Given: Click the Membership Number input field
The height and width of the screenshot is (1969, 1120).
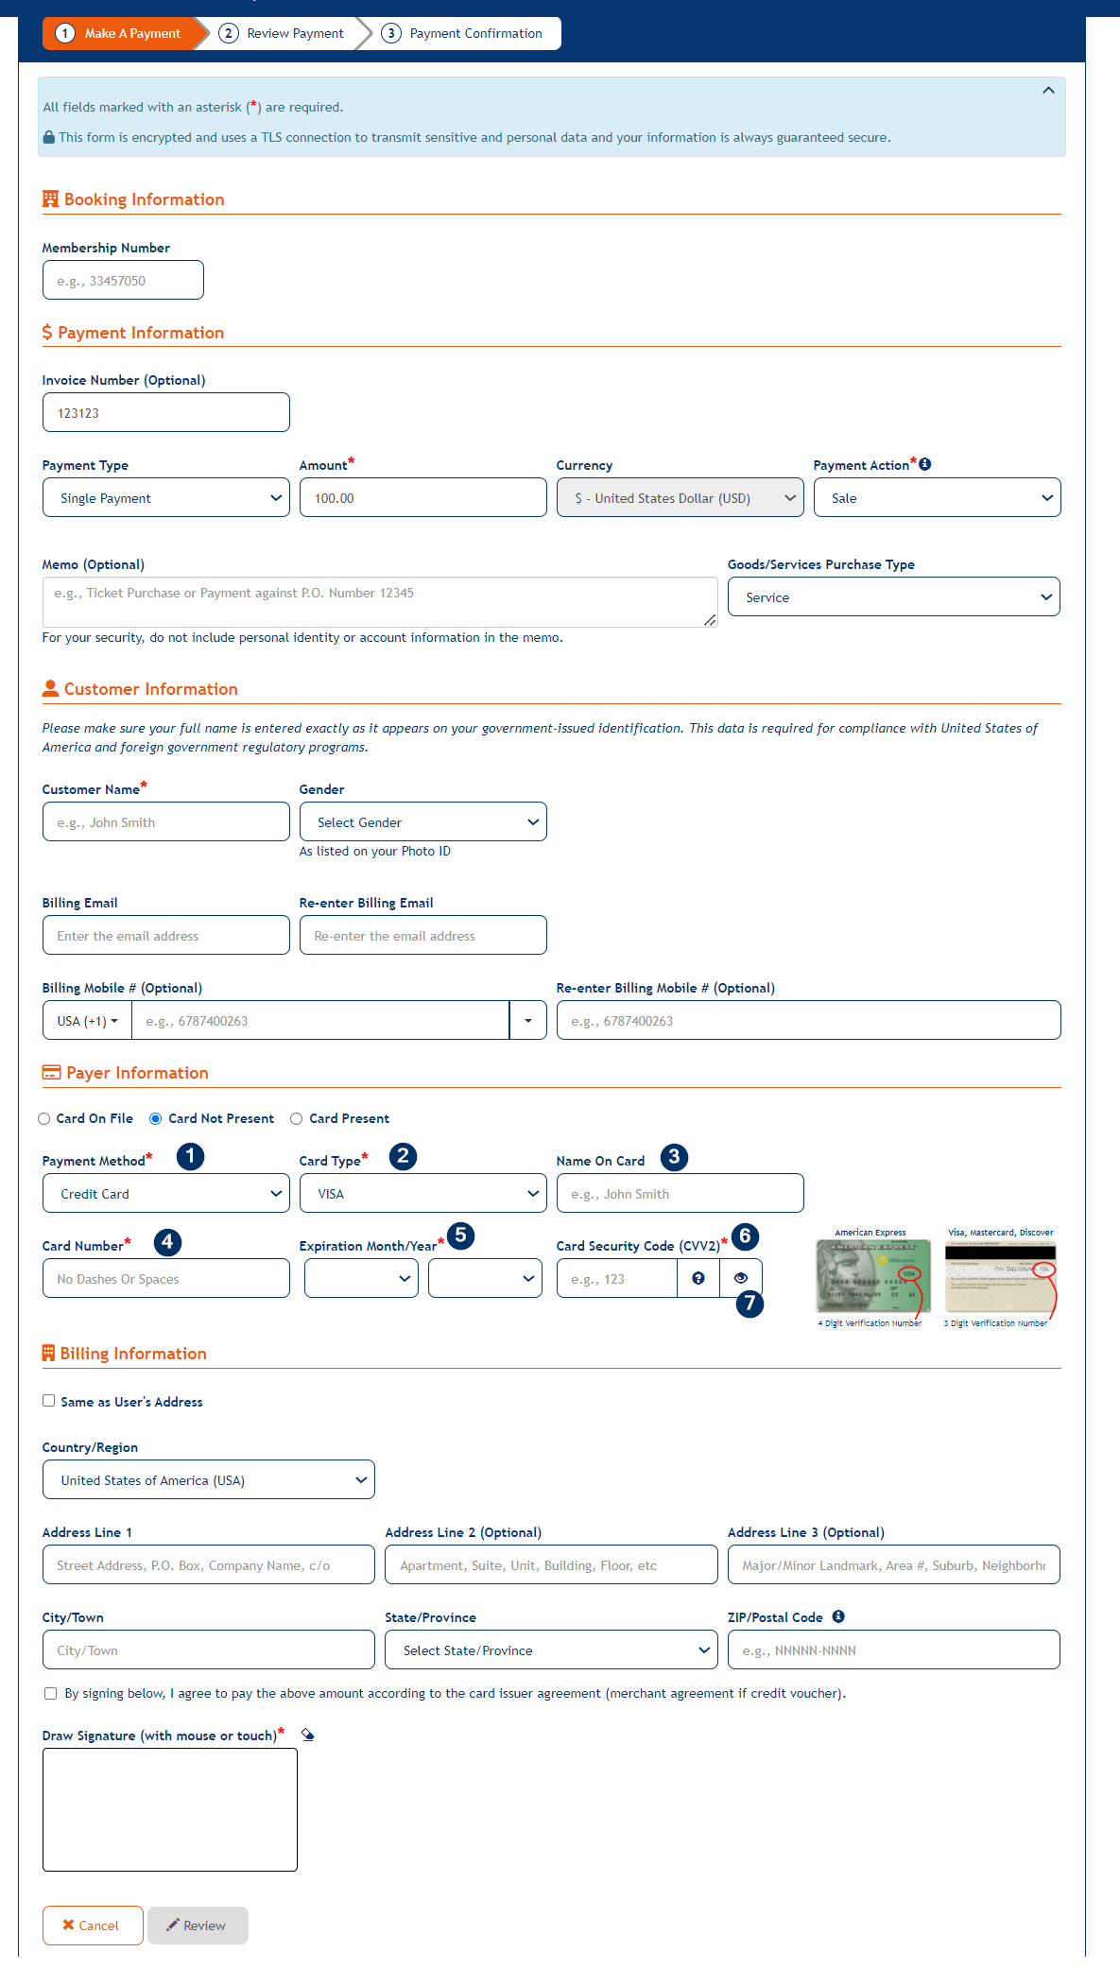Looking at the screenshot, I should [x=123, y=281].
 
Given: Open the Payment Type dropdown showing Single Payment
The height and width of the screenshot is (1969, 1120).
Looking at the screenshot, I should [x=165, y=498].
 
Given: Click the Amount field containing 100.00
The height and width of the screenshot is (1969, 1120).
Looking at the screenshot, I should [x=422, y=498].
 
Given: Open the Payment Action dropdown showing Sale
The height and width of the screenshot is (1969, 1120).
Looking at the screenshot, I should [x=936, y=498].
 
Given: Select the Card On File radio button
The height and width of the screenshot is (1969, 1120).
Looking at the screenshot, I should [x=44, y=1119].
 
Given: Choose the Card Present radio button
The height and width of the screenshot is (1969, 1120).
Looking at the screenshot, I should [x=297, y=1119].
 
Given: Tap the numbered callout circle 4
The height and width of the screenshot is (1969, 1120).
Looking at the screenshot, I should [x=167, y=1242].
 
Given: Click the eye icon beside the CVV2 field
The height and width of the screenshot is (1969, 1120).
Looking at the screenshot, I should [x=741, y=1278].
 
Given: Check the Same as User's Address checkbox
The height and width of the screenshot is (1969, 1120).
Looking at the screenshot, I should [x=48, y=1401].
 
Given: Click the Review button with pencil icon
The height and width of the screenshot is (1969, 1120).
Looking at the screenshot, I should [x=198, y=1926].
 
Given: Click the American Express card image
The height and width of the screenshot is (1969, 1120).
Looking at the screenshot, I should [x=872, y=1276].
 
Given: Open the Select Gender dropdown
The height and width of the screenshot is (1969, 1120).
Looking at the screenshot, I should [x=422, y=822].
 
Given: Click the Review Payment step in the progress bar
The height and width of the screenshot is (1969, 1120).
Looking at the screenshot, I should [x=283, y=34].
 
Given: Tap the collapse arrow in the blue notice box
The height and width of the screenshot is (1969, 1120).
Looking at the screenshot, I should [x=1048, y=91].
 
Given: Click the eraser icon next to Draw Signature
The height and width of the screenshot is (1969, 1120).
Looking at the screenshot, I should [x=307, y=1735].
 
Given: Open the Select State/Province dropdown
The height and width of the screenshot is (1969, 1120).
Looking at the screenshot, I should [x=550, y=1650].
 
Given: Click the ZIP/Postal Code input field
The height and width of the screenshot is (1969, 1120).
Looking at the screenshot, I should [x=893, y=1650].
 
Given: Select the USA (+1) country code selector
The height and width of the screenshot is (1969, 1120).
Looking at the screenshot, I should [x=87, y=1021].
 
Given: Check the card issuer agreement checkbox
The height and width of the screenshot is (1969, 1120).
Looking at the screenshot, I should [x=51, y=1694].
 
